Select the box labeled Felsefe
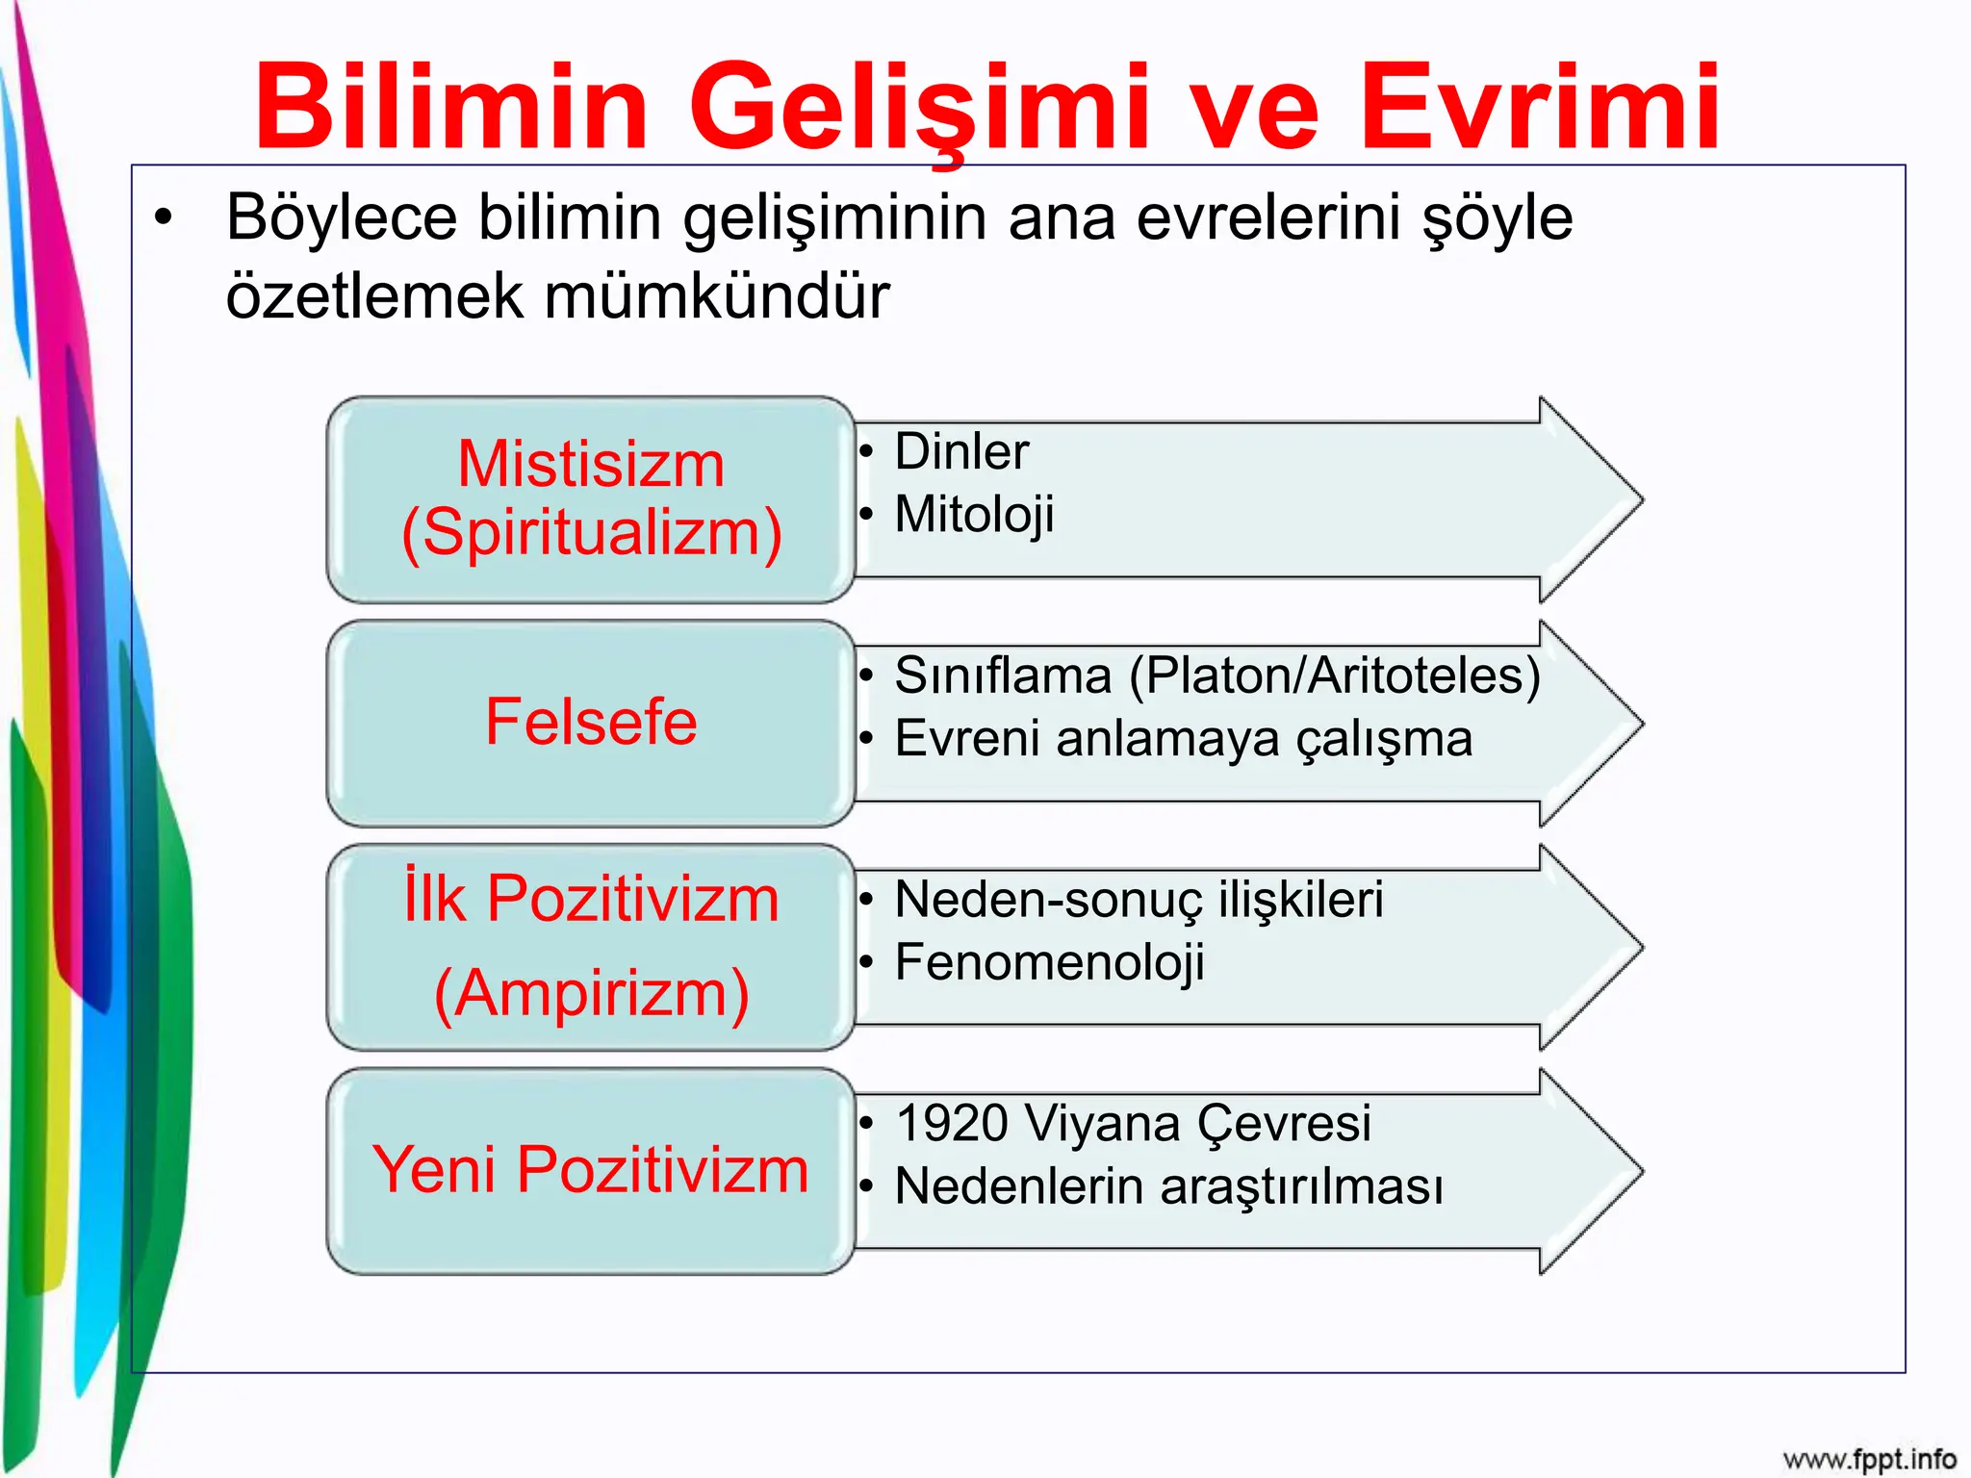click(x=591, y=722)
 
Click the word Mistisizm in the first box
click(x=591, y=464)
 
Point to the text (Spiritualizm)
click(x=591, y=532)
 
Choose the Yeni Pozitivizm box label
click(x=591, y=1170)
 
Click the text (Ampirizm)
click(x=591, y=993)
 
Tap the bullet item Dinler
click(x=960, y=451)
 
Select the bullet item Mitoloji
click(x=974, y=514)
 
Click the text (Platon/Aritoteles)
click(x=1334, y=675)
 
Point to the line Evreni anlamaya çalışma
click(x=1183, y=739)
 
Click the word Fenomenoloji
click(x=1049, y=962)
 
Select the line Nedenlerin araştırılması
click(x=1168, y=1186)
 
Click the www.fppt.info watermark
click(x=1869, y=1459)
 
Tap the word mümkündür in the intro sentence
click(x=717, y=295)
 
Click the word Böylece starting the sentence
click(x=341, y=217)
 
